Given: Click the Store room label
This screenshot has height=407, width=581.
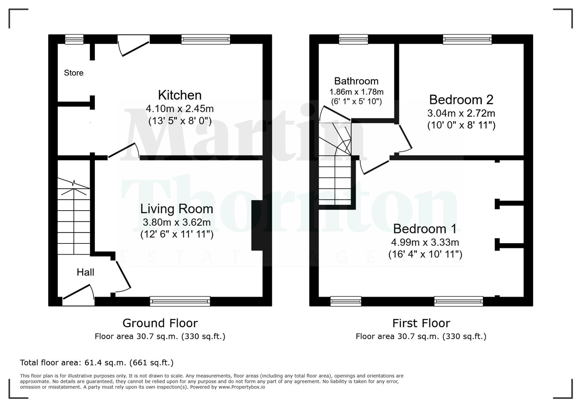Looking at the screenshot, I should coord(73,73).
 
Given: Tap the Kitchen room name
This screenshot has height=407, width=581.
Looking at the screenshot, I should coord(179,95).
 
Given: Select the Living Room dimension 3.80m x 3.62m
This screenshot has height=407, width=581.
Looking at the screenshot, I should coord(176,222).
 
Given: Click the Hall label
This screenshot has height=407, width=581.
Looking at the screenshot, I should coord(85,272).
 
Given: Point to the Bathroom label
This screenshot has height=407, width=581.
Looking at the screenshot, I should coord(356,81).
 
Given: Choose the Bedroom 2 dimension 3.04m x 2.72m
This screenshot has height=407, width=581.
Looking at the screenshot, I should coord(461,113).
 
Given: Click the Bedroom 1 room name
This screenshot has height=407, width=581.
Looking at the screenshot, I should coord(425,229).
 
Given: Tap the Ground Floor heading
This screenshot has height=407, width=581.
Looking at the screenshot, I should coord(160,323).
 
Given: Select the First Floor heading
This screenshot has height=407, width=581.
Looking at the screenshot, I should coord(421,323).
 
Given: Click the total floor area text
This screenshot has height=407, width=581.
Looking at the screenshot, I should coord(97,363).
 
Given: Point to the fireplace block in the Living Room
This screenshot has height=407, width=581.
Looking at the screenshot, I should coord(257,225).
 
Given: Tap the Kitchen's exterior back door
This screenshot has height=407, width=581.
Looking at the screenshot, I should coord(134,47).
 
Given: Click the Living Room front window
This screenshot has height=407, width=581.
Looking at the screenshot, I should coord(180,301).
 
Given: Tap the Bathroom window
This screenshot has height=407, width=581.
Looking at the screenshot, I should coord(353,39).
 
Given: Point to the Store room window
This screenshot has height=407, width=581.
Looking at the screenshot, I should coord(74,39).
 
